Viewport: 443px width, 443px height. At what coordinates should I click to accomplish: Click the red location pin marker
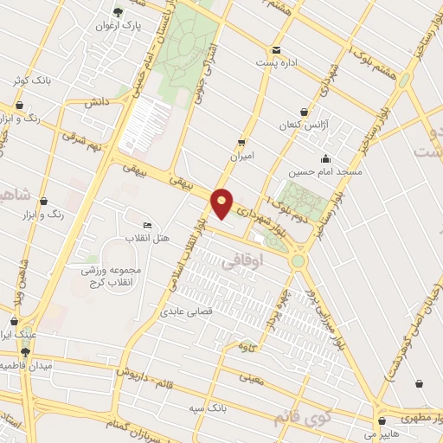[223, 203]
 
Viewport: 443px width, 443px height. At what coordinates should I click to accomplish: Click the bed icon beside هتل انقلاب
[147, 226]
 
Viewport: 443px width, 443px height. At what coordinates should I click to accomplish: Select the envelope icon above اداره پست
[276, 50]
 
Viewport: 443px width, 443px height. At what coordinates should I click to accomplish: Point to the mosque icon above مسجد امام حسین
[324, 158]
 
